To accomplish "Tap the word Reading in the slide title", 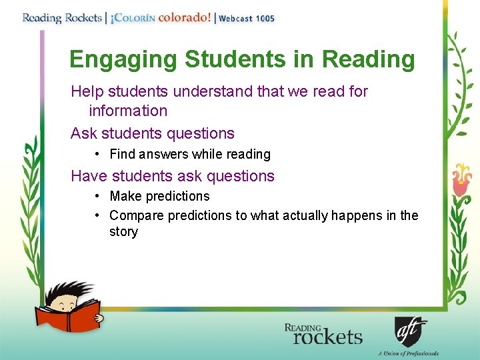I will click(368, 59).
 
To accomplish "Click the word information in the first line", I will click(128, 111).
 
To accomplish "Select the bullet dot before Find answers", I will click(97, 154).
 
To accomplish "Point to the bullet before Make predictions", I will click(97, 196).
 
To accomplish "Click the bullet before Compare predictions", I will click(97, 215).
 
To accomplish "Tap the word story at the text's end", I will click(123, 232).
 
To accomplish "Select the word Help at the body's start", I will click(85, 91).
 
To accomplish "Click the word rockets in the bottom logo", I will click(327, 337).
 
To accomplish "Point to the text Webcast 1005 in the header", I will click(247, 19).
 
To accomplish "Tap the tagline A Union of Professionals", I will click(408, 353).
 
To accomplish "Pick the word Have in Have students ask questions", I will click(87, 176).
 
